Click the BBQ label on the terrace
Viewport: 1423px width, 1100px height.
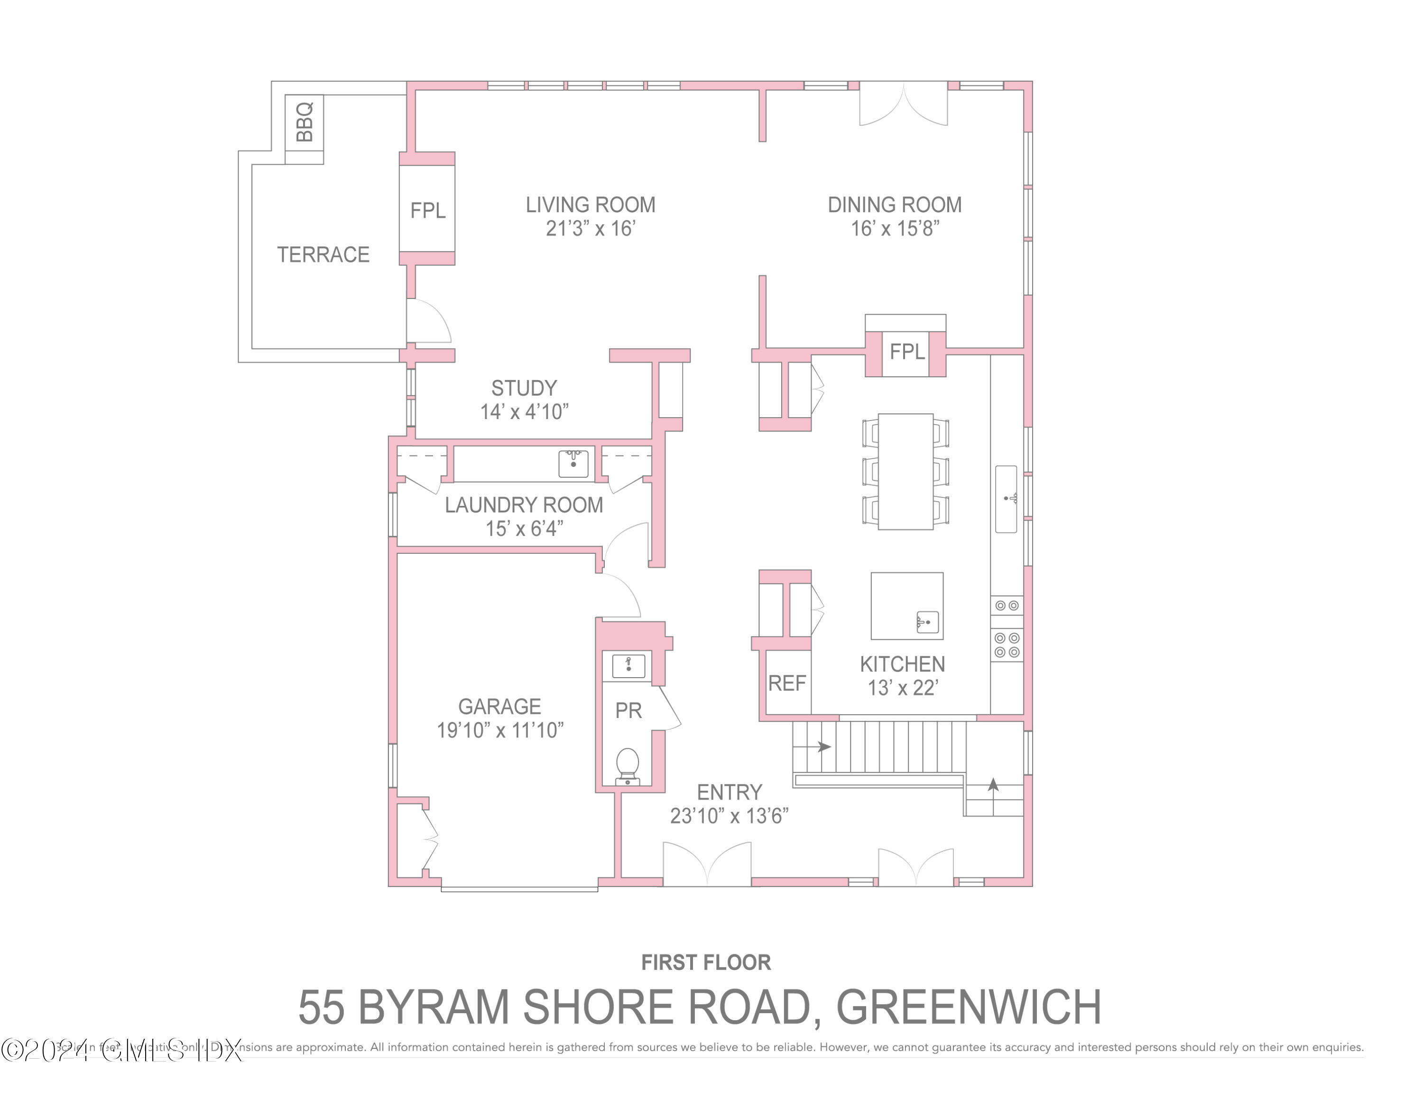304,122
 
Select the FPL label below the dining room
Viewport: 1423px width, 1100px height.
906,353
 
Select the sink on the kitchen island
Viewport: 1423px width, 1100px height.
926,622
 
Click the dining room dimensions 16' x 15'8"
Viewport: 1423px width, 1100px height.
895,229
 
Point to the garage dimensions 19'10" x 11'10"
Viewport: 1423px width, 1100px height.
500,730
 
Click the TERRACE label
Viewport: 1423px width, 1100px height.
323,254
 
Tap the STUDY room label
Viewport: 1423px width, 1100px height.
524,388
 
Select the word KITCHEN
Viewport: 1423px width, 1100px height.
902,664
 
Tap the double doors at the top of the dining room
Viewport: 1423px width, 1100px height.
903,104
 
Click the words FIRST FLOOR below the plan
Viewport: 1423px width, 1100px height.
706,962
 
